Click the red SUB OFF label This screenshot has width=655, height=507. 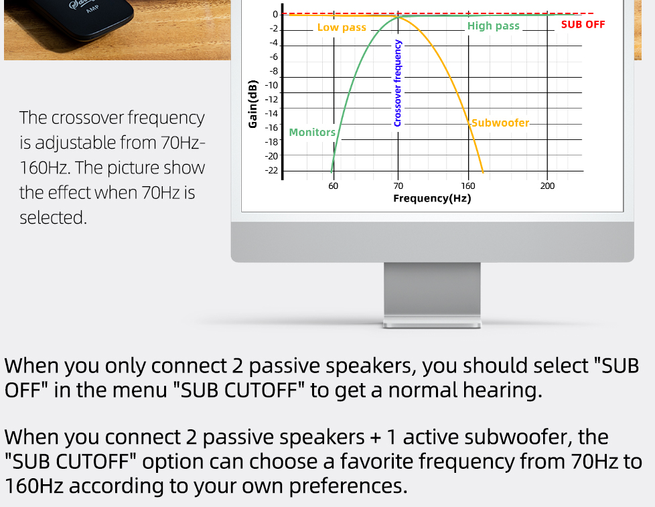tap(583, 25)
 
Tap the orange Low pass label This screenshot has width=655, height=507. tap(342, 27)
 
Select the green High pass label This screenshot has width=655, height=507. tap(494, 26)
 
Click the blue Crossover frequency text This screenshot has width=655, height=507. tap(398, 83)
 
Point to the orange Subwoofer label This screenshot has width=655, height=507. tap(500, 123)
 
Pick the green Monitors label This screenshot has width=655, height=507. tap(312, 133)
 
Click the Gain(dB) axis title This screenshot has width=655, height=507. tap(252, 104)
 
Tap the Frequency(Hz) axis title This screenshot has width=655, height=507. tap(432, 198)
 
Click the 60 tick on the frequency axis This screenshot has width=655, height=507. tap(334, 186)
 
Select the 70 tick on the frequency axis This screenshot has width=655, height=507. tap(398, 186)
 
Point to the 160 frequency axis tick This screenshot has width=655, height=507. tap(468, 186)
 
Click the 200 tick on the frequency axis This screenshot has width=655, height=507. tap(547, 186)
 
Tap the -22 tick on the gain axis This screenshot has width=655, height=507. tap(271, 170)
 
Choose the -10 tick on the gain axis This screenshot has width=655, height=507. tap(271, 85)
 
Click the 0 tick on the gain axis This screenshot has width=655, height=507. tap(275, 15)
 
